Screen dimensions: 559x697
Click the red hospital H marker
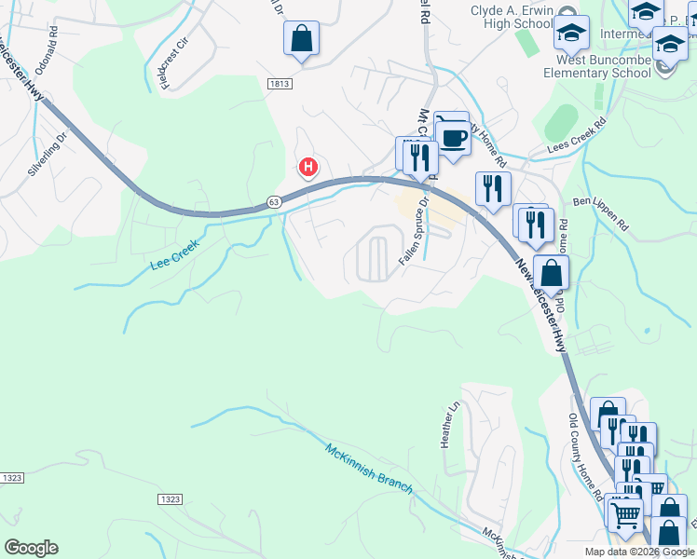[x=308, y=168]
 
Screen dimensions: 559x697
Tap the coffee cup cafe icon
[x=454, y=139]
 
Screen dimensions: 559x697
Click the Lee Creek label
[x=175, y=252]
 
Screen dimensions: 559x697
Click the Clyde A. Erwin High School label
[x=524, y=17]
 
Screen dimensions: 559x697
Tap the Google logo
[x=31, y=548]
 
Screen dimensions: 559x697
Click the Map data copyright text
[x=639, y=552]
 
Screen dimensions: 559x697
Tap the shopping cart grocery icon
[x=625, y=512]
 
